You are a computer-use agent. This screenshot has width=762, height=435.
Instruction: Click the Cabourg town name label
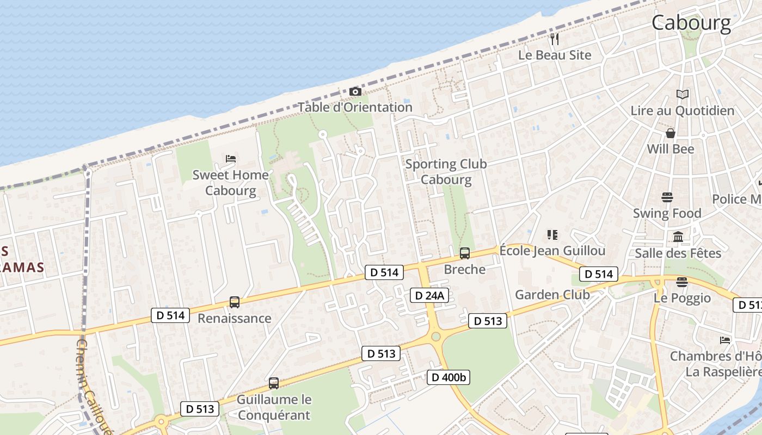coord(691,23)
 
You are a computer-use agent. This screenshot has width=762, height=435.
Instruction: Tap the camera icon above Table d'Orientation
coord(355,91)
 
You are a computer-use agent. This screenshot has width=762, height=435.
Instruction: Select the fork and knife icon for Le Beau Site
coord(555,39)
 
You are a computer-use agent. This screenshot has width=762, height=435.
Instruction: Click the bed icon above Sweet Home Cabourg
coord(231,159)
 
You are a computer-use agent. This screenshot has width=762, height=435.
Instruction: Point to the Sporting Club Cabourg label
coord(446,171)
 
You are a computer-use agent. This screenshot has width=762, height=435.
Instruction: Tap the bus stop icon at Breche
coord(465,253)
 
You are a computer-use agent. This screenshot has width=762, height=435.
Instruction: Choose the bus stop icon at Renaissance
coord(235,302)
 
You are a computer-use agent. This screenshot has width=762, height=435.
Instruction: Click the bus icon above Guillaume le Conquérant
coord(274,383)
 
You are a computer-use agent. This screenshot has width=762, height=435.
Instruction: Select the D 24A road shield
coord(429,295)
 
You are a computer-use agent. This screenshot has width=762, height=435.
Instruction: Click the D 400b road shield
coord(448,377)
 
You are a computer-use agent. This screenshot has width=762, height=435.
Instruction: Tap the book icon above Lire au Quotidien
coord(682,95)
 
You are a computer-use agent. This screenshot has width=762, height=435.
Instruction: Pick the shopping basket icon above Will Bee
coord(671,133)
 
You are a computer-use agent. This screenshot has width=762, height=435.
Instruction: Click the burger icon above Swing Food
coord(667,197)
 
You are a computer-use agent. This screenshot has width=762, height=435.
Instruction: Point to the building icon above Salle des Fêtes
coord(678,237)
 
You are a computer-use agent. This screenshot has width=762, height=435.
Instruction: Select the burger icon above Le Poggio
coord(682,282)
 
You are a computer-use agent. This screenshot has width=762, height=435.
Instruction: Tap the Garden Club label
coord(552,295)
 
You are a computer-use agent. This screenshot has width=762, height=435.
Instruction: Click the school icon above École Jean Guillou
coord(552,235)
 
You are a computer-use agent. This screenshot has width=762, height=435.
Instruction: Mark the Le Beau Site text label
coord(554,55)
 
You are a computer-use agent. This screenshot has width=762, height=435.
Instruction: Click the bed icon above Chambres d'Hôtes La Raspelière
coord(724,340)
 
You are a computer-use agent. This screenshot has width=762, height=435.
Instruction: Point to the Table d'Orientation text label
coord(355,107)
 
